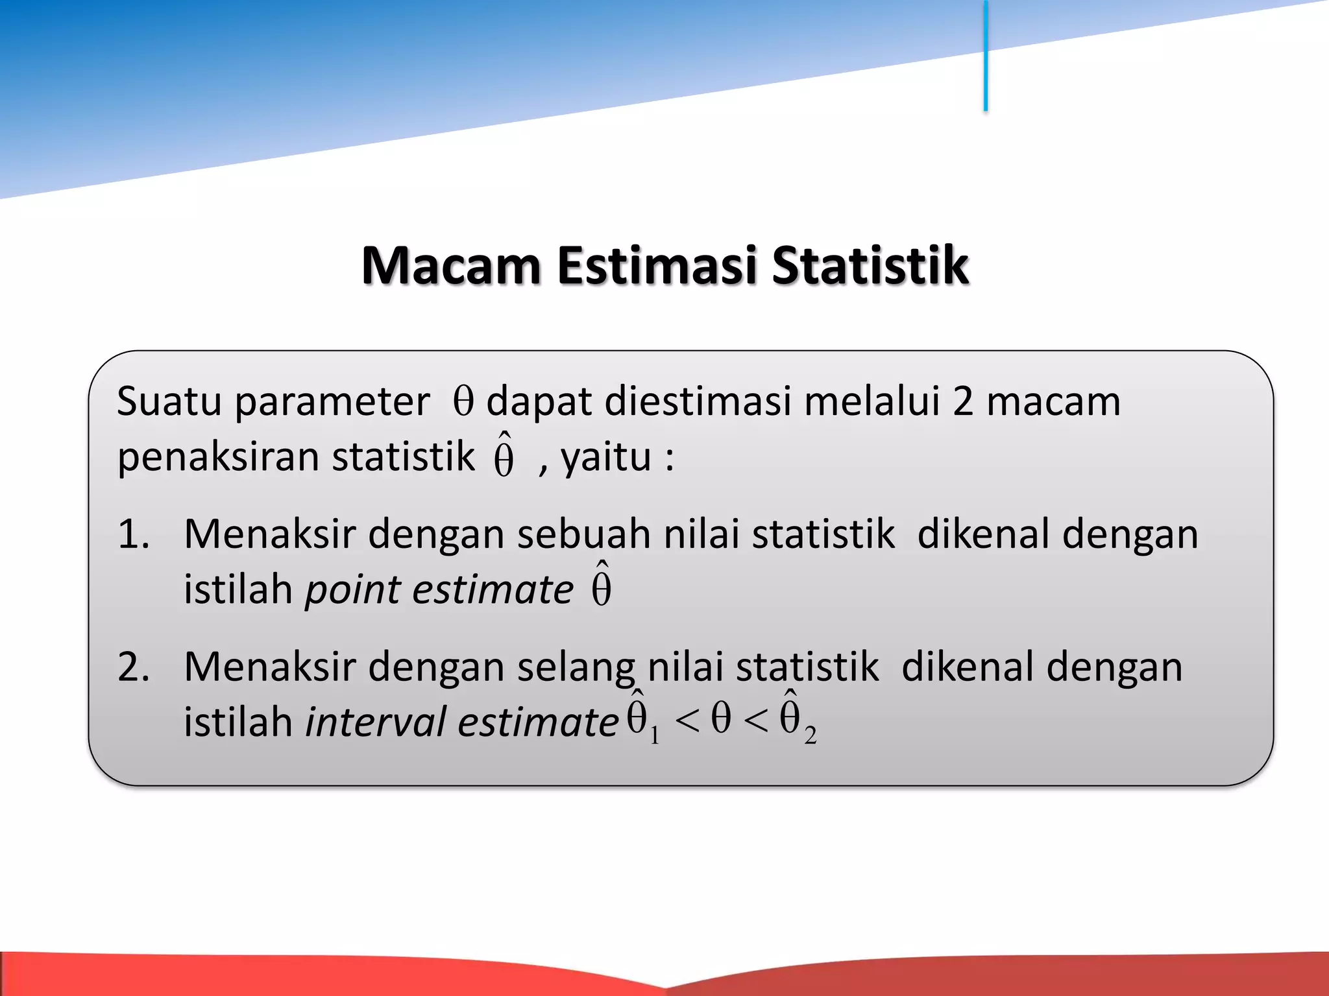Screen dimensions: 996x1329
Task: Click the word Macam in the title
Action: point(451,266)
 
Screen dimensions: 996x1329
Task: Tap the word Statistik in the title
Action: point(870,266)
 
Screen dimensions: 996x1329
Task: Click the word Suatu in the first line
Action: point(169,401)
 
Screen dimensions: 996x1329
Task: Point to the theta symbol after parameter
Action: point(463,401)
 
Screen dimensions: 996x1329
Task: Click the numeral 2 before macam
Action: point(962,401)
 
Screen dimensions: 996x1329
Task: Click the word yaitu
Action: point(605,457)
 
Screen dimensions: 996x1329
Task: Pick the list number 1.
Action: point(132,535)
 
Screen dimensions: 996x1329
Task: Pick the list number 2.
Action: point(134,667)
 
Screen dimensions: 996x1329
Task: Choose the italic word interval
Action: point(376,722)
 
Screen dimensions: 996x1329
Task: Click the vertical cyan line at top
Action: point(985,55)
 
